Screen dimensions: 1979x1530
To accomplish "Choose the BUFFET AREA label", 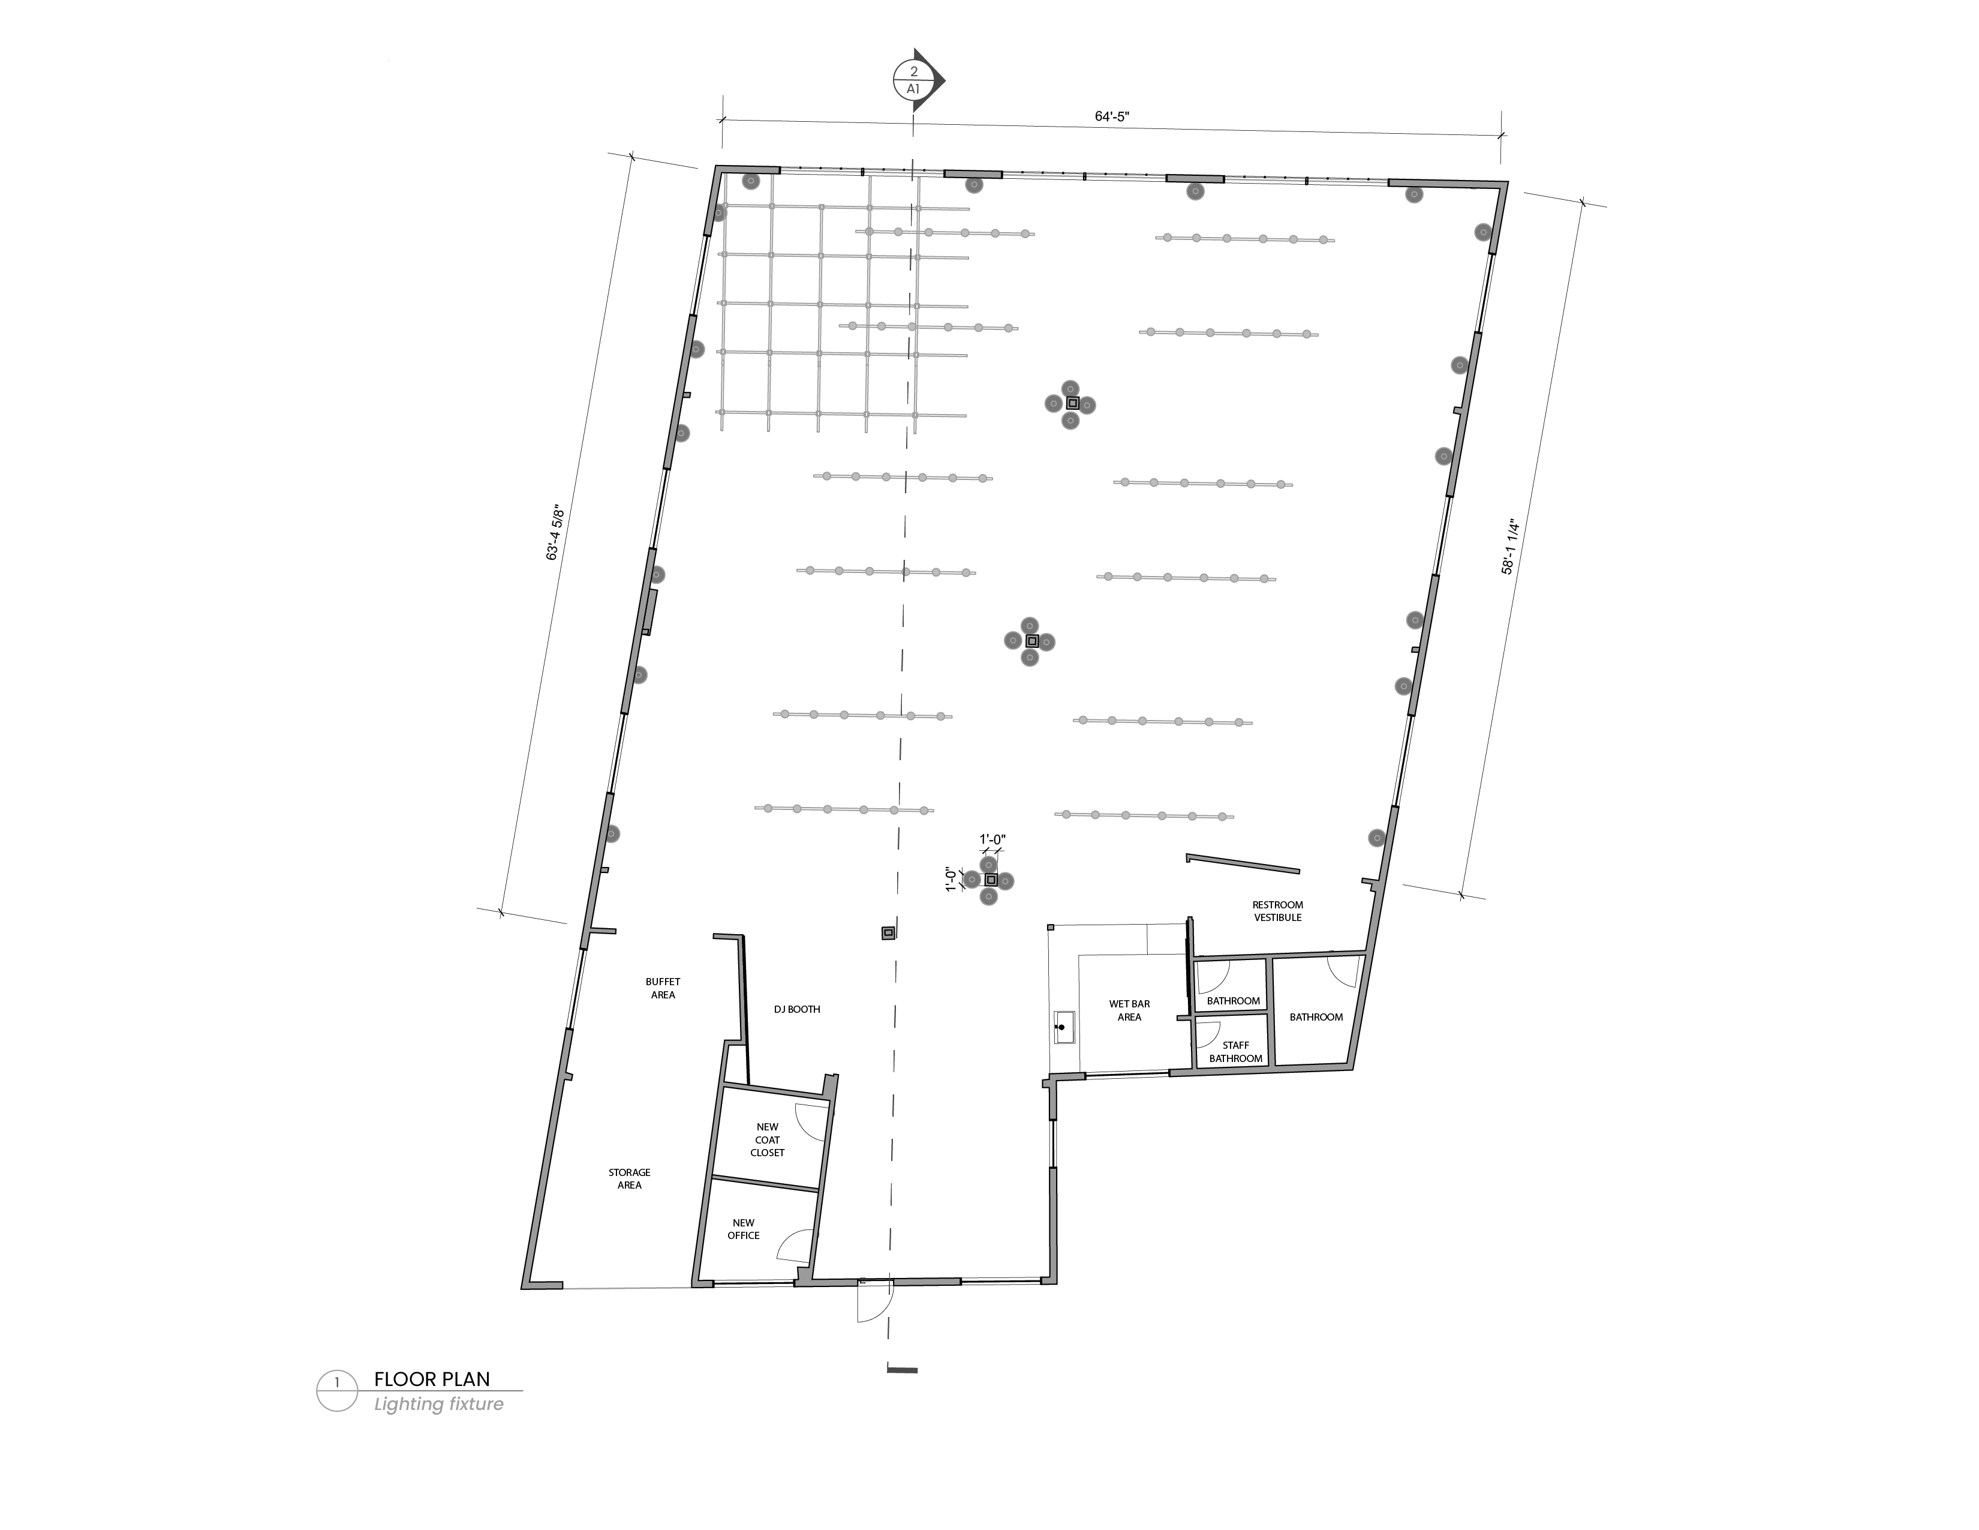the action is point(663,988).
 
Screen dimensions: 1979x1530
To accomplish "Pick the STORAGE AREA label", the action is point(629,1178).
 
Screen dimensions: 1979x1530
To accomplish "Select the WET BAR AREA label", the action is point(1129,1010).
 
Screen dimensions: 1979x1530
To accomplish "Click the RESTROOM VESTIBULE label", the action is point(1277,911).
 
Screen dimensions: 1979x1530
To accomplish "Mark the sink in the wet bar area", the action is point(1063,1028).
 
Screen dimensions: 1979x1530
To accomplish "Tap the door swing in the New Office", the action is point(796,1246).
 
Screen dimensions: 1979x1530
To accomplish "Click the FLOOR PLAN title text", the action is point(432,1379).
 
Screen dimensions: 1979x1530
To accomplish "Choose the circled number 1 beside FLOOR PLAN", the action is point(337,1383).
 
